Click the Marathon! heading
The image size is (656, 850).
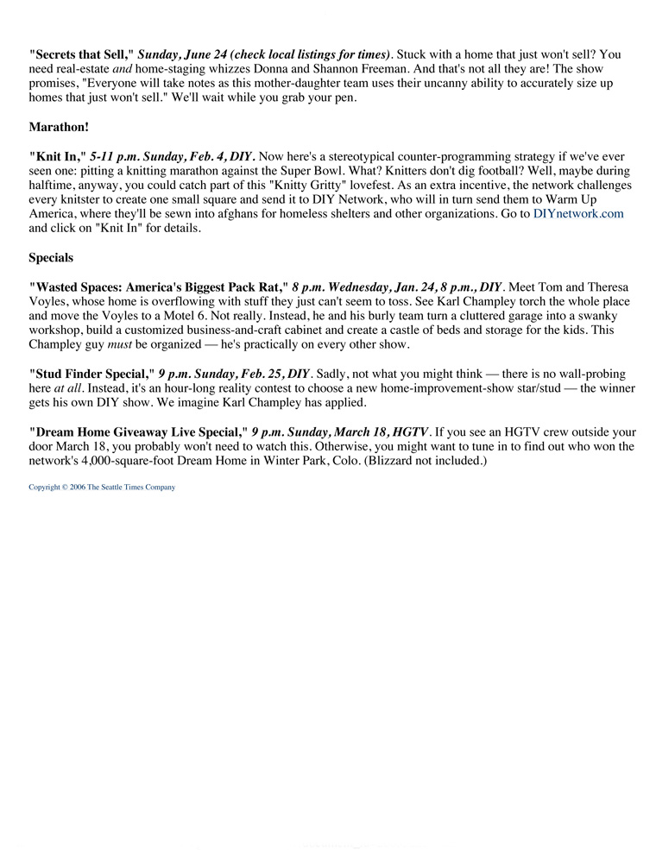[x=59, y=127]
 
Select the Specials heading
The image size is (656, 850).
[x=51, y=257]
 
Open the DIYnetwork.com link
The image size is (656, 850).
[x=577, y=213]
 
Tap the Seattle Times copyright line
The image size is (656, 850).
[x=102, y=488]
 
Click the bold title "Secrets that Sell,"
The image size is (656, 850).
[x=81, y=54]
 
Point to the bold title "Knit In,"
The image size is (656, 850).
[x=57, y=156]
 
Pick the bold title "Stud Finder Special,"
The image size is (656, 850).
[x=91, y=374]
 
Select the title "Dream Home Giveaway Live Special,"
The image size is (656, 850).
[x=138, y=431]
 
